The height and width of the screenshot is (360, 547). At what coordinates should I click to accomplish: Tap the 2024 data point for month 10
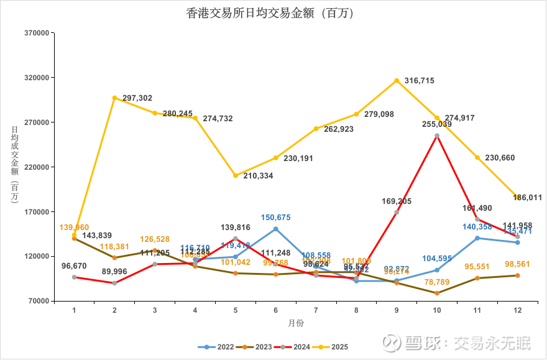[x=437, y=136]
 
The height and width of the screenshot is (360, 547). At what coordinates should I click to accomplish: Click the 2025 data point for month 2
[x=114, y=98]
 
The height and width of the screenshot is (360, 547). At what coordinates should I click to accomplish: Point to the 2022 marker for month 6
[x=276, y=229]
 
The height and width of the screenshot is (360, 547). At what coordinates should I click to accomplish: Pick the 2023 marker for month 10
[x=437, y=293]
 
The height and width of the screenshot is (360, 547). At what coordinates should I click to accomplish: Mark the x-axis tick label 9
[x=397, y=309]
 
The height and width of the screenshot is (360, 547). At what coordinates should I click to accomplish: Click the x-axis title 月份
[x=296, y=323]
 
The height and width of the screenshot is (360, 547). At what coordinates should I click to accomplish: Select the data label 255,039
[x=436, y=124]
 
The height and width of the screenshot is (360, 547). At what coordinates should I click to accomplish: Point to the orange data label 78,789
[x=437, y=282]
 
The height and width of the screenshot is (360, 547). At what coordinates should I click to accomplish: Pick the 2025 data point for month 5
[x=236, y=175]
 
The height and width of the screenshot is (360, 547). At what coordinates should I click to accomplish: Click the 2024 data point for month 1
[x=74, y=277]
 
